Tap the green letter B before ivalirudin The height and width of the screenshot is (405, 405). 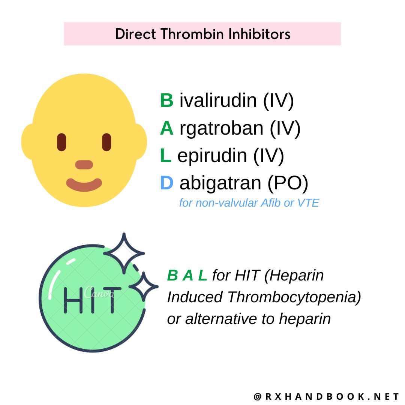[x=166, y=100]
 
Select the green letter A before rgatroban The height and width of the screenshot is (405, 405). [x=166, y=128]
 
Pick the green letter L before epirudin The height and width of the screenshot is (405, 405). [x=165, y=156]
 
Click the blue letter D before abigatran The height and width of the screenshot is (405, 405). [x=166, y=183]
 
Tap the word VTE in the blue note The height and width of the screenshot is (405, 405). [x=307, y=203]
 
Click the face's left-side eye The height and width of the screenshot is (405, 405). [x=61, y=142]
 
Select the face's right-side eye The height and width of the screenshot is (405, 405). [x=106, y=142]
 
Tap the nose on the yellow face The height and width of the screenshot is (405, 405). [x=84, y=165]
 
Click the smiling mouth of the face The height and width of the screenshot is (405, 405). [x=84, y=184]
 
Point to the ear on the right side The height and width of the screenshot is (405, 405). [x=140, y=141]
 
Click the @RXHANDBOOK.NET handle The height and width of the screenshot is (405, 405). [x=327, y=397]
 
